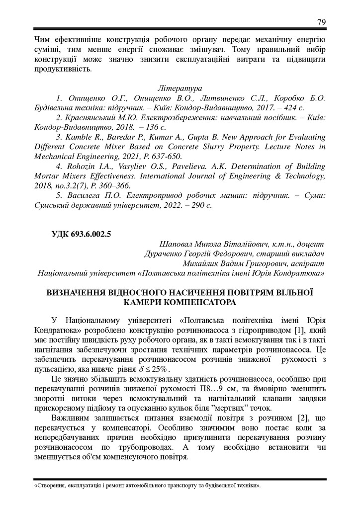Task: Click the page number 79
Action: point(321,22)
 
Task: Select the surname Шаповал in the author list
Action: point(176,245)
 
